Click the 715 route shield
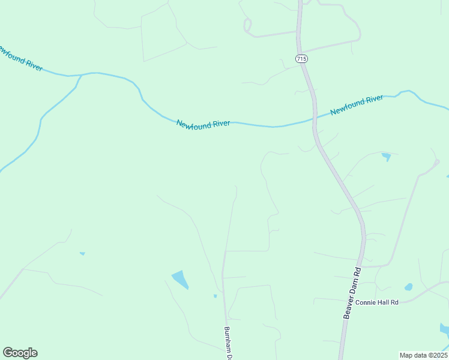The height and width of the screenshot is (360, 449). (301, 58)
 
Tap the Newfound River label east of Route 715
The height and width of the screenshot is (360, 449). (357, 104)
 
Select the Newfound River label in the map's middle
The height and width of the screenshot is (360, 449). (203, 124)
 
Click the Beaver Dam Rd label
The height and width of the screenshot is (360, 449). (354, 292)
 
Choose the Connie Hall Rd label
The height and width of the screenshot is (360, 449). (377, 302)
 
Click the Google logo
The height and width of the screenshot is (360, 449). (20, 353)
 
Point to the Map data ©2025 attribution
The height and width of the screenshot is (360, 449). (423, 355)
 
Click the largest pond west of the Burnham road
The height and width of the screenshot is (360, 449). (180, 279)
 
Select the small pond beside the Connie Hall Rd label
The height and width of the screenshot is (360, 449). (409, 287)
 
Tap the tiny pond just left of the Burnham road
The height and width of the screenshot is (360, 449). (215, 296)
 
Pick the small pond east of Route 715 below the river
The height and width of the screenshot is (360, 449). (386, 157)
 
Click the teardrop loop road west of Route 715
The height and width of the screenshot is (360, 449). (247, 25)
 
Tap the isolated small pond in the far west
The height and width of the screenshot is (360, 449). (82, 254)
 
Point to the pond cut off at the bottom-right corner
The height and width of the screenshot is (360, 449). (444, 329)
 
